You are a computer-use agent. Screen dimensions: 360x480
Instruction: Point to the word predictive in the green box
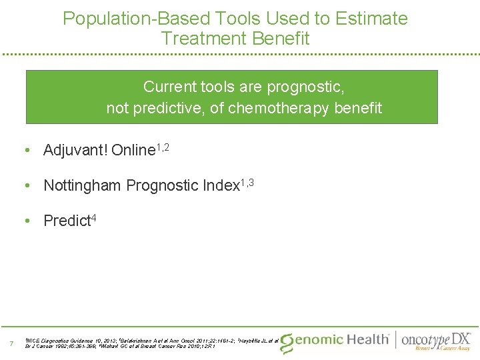coord(169,108)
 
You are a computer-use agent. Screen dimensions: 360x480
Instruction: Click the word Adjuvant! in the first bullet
coord(75,151)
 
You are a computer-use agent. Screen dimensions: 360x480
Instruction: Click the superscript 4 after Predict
coord(93,217)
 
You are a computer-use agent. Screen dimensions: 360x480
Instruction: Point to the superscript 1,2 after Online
coord(163,146)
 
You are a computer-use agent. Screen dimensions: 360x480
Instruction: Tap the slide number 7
coord(11,344)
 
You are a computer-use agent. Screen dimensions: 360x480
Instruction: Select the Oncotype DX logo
coord(437,341)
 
